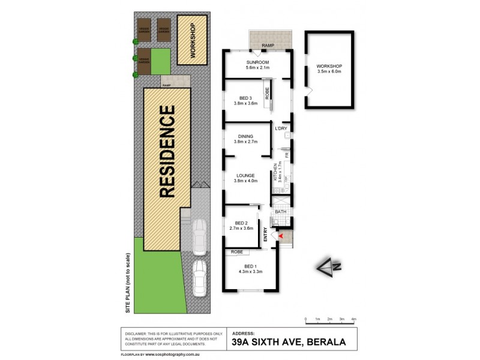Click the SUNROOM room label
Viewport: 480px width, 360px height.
click(257, 62)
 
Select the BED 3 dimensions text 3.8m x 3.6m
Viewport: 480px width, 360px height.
click(245, 103)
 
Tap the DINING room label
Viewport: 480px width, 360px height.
click(245, 136)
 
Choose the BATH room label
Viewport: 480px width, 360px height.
click(281, 212)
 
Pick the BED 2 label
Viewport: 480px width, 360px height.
click(242, 223)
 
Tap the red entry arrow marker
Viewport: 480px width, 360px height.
click(280, 237)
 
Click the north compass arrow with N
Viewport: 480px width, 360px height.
click(328, 266)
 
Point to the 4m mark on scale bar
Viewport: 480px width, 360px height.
click(354, 319)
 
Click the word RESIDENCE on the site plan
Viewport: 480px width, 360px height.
click(167, 152)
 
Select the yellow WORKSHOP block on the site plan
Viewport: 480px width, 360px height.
click(192, 40)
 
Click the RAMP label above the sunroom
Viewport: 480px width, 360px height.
click(268, 45)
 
